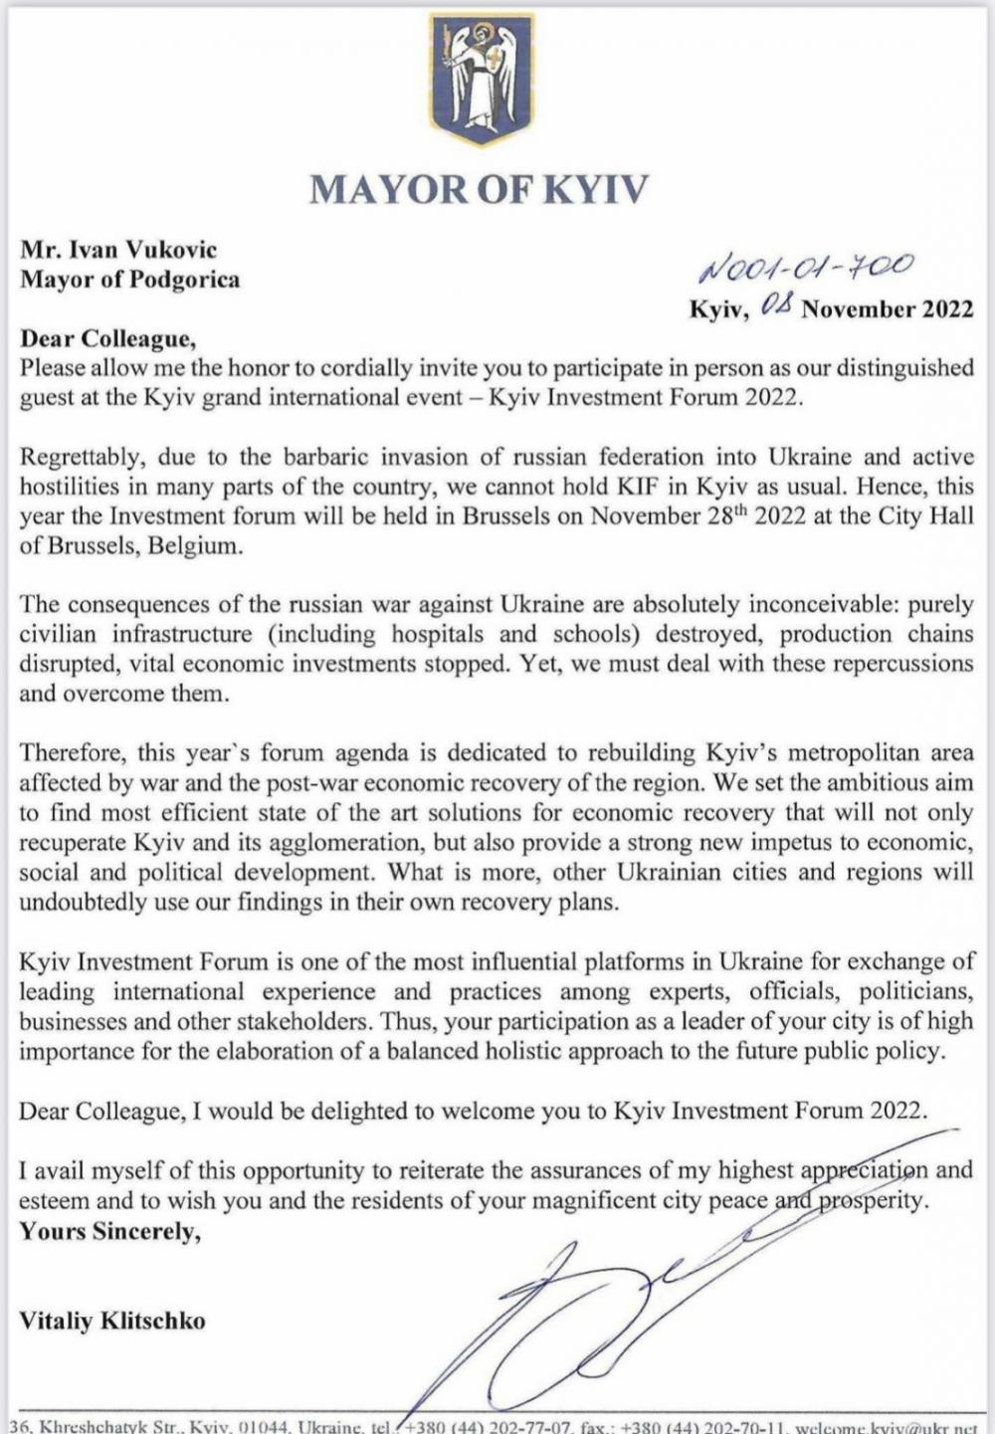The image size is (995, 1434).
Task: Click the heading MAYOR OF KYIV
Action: (x=480, y=189)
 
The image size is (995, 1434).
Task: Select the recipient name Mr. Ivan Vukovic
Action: (x=118, y=250)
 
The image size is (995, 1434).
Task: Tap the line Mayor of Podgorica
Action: (x=130, y=279)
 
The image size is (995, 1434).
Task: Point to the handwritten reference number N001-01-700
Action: (x=806, y=266)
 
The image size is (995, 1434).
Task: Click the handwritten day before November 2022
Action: (x=775, y=307)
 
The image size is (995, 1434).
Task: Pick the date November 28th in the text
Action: (x=658, y=516)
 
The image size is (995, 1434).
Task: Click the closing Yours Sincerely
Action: (x=109, y=1231)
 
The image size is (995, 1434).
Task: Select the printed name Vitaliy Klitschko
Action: (x=112, y=1322)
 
